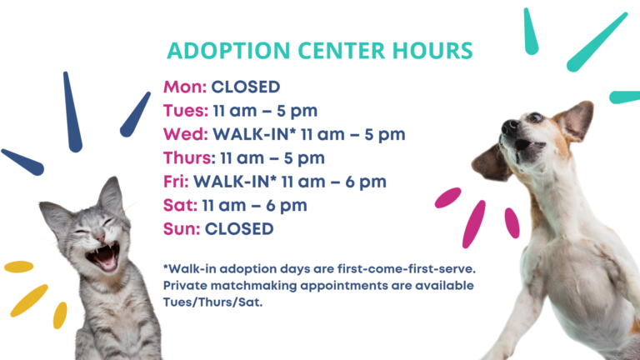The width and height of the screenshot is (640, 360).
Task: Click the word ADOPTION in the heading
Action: pyautogui.click(x=228, y=51)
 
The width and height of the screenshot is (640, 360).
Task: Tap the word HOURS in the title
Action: pyautogui.click(x=432, y=51)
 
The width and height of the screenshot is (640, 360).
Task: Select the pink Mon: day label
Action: pyautogui.click(x=185, y=87)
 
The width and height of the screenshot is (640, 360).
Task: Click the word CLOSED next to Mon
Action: pyautogui.click(x=246, y=87)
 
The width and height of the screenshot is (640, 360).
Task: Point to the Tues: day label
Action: pyautogui.click(x=186, y=111)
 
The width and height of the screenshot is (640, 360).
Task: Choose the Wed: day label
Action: pyautogui.click(x=186, y=134)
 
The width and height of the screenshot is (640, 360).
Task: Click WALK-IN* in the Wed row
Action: pyautogui.click(x=254, y=134)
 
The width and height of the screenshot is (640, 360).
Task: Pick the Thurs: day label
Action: pyautogui.click(x=189, y=158)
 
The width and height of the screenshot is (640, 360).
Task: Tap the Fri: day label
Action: pyautogui.click(x=176, y=182)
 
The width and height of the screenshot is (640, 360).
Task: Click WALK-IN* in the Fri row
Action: pyautogui.click(x=235, y=182)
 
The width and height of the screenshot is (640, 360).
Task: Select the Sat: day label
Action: pyautogui.click(x=180, y=205)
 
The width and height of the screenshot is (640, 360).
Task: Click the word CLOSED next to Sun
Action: pyautogui.click(x=239, y=229)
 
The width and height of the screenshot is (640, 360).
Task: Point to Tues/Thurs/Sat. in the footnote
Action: pyautogui.click(x=212, y=302)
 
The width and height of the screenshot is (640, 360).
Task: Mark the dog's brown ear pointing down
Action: pyautogui.click(x=491, y=163)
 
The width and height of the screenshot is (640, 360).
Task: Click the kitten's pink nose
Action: pyautogui.click(x=99, y=236)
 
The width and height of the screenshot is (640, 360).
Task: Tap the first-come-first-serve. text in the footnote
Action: pyautogui.click(x=407, y=269)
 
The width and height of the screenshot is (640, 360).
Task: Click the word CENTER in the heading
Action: pyautogui.click(x=341, y=51)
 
